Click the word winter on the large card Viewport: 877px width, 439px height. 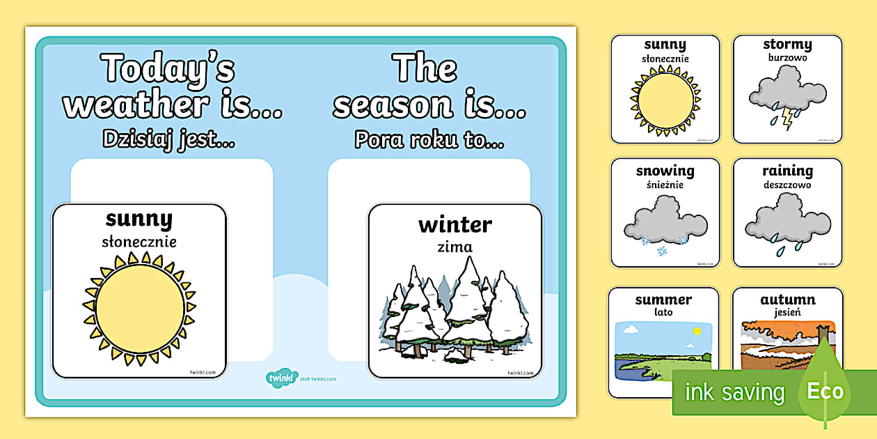[x=455, y=225]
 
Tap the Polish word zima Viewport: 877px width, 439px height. [x=455, y=247]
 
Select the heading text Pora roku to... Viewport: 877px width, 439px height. [x=429, y=140]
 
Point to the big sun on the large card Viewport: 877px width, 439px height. [x=140, y=308]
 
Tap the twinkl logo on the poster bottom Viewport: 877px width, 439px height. [x=278, y=378]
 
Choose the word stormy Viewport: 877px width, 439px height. [x=787, y=45]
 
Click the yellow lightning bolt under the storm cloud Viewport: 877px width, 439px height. [x=787, y=118]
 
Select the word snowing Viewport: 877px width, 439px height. [x=665, y=171]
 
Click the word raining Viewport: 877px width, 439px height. [x=787, y=171]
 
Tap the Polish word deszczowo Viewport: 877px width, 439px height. [x=787, y=185]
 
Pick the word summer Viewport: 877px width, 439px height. [x=663, y=300]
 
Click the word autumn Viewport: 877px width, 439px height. [x=787, y=300]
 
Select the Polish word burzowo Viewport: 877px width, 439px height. [x=787, y=59]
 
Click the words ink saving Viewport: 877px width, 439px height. [x=734, y=392]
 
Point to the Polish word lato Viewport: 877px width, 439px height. [x=663, y=313]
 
